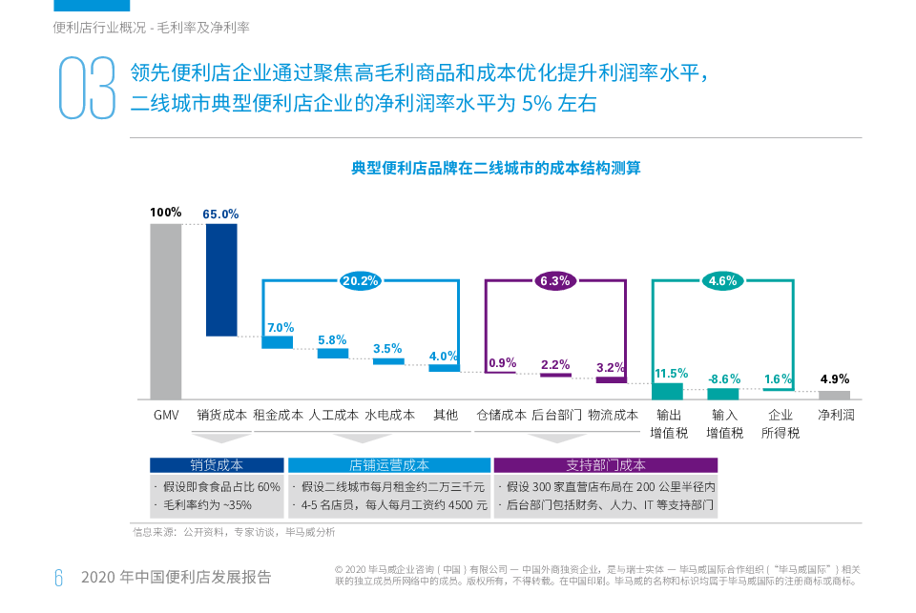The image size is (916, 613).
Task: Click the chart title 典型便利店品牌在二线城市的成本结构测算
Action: coord(495,168)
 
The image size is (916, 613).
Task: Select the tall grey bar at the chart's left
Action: coord(166,311)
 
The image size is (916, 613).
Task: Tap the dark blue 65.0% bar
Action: coord(221,279)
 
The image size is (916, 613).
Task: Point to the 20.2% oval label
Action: coord(361,281)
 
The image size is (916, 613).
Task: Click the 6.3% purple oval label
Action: coord(554,281)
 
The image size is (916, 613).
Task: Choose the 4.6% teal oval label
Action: coord(722,281)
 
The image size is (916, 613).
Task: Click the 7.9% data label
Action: coord(279,327)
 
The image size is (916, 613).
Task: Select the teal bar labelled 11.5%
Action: coord(667,391)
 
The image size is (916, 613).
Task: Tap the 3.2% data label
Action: coord(610,367)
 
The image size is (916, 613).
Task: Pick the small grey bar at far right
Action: coord(834,395)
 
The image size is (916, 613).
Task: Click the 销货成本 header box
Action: coord(217,465)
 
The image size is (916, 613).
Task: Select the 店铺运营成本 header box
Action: coord(389,465)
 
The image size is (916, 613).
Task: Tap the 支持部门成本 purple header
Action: coord(605,465)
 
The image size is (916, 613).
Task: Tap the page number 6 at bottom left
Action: coord(58,577)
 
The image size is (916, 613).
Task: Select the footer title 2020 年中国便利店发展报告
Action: coord(176,577)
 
